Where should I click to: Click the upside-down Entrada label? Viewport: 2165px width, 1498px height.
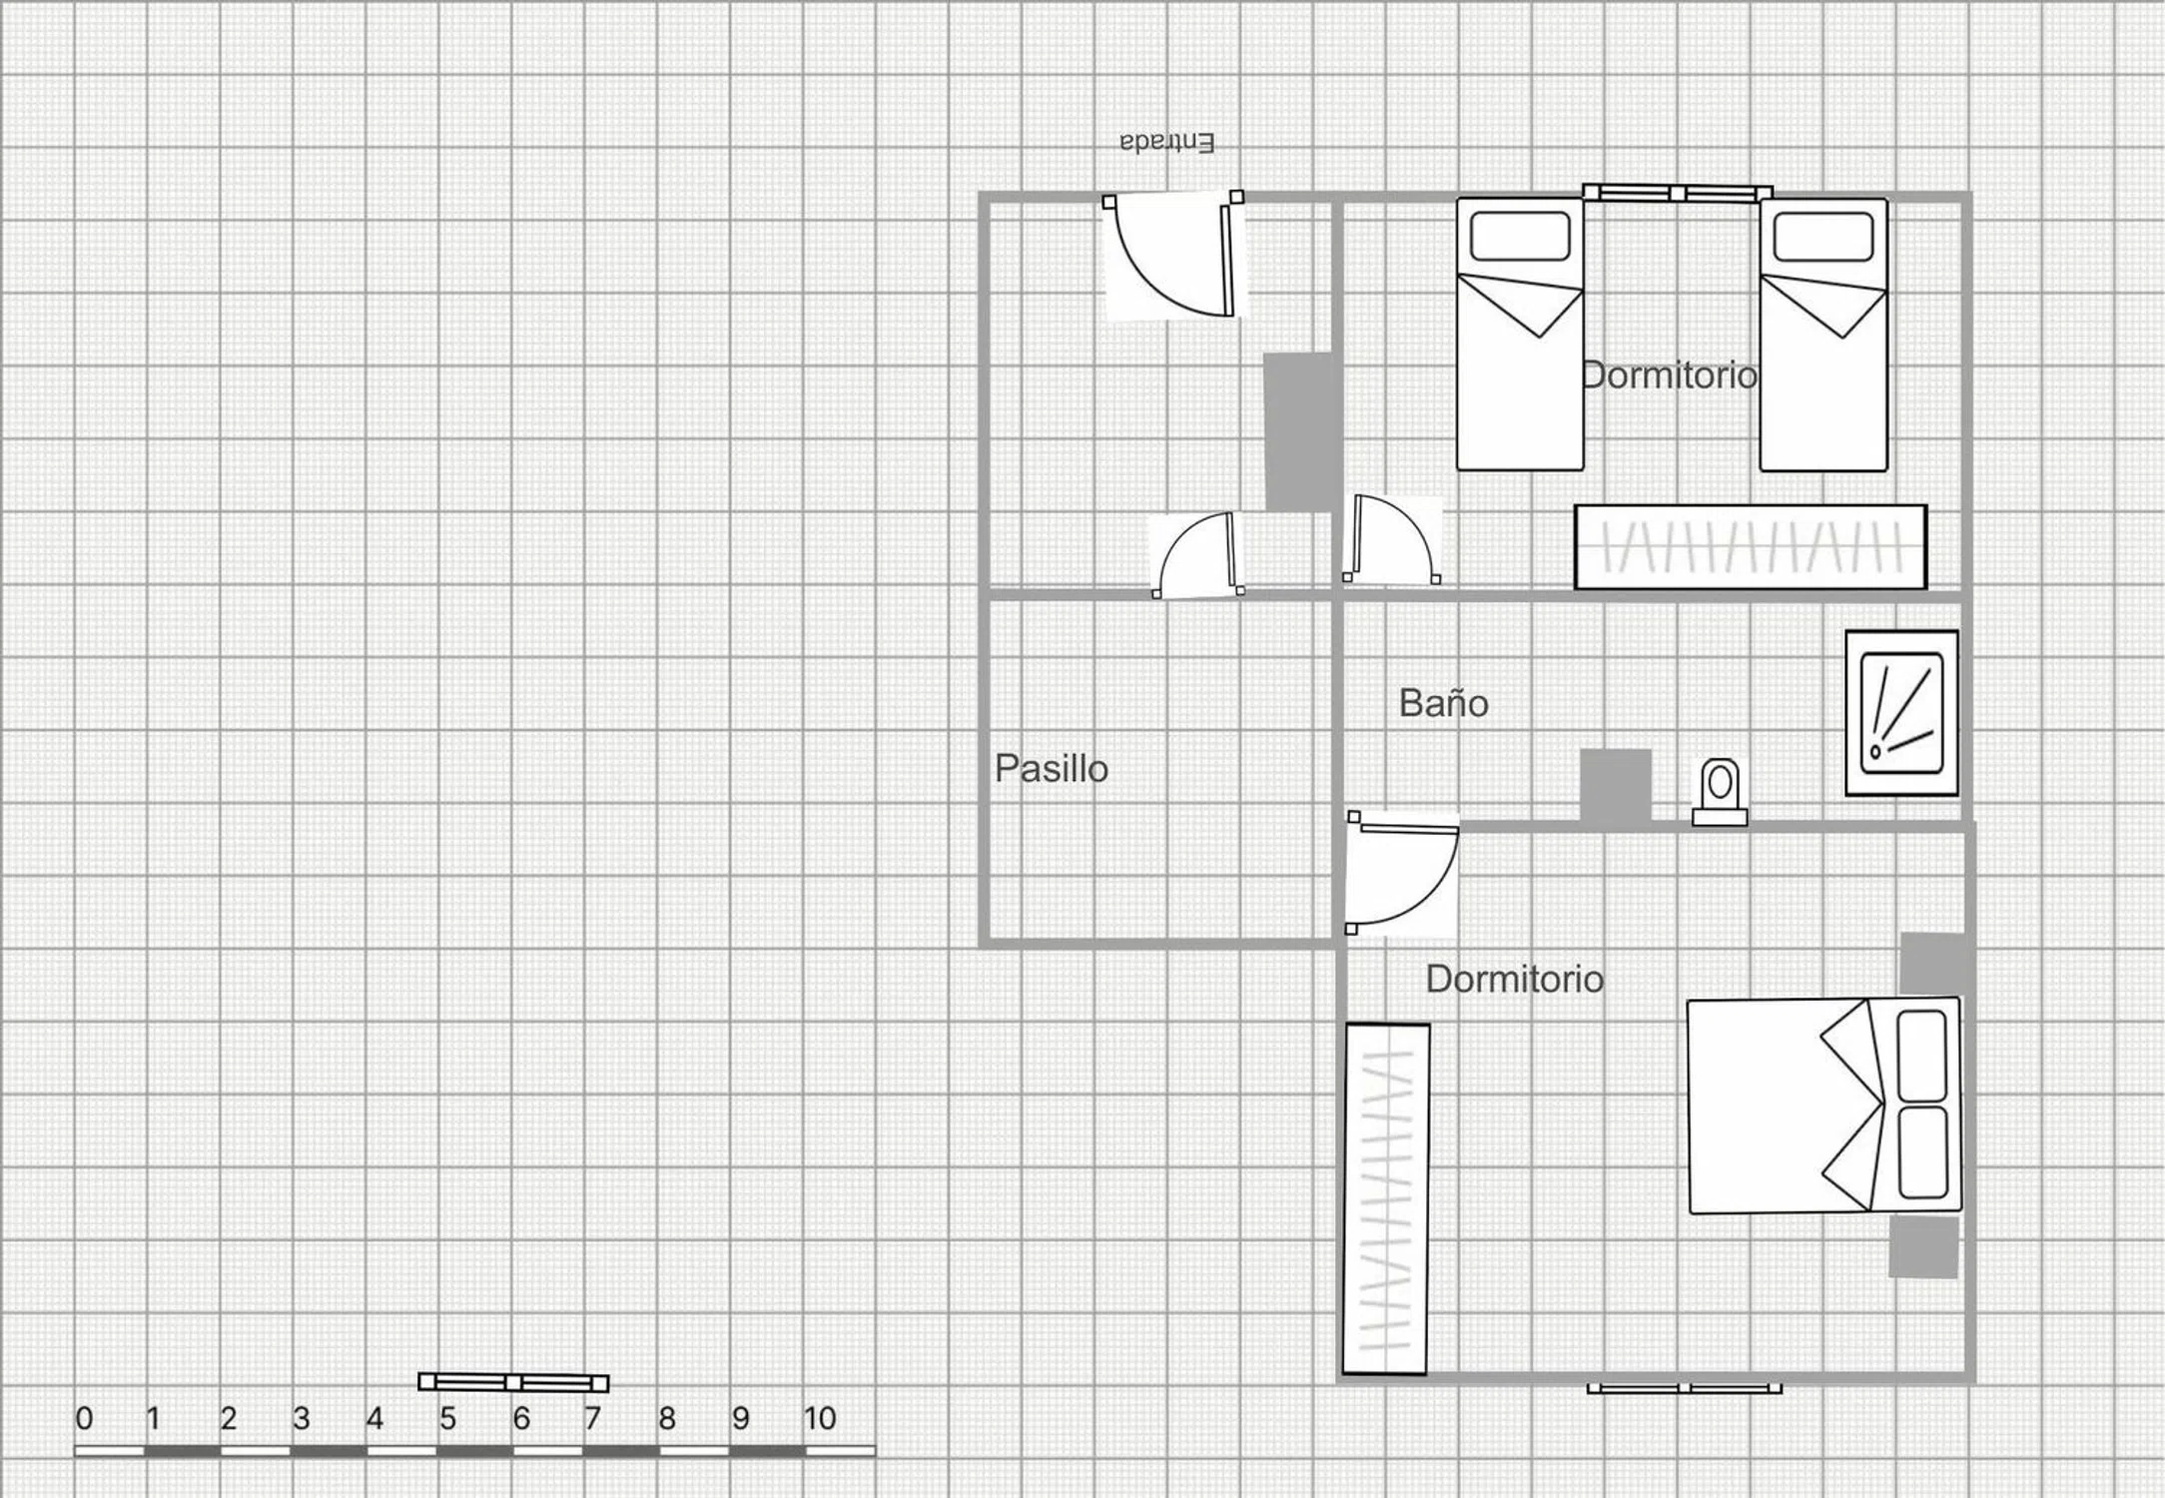(x=1166, y=143)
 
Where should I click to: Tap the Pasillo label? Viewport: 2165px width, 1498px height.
(x=1052, y=769)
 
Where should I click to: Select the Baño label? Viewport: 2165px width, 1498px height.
(x=1443, y=703)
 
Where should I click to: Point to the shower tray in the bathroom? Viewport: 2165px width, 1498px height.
(x=1901, y=713)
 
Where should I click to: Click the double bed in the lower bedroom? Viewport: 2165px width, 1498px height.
(x=1824, y=1106)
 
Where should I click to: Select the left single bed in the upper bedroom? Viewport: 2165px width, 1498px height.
(x=1520, y=334)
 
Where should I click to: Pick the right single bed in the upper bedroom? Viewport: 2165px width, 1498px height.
(x=1823, y=334)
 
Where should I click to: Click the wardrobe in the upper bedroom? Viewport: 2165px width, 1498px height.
(x=1751, y=547)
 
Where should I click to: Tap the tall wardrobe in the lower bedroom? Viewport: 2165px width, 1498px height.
(x=1386, y=1198)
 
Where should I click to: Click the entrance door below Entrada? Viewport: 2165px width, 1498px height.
(x=1174, y=256)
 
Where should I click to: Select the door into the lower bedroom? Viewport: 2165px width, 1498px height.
(x=1401, y=873)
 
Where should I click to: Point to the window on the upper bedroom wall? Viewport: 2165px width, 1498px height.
(x=1678, y=193)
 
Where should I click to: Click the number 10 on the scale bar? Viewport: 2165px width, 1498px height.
(x=820, y=1418)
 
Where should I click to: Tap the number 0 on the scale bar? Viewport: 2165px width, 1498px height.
(x=84, y=1418)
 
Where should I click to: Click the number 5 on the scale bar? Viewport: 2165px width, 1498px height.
(x=447, y=1418)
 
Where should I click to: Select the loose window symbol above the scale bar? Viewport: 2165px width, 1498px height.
(x=513, y=1382)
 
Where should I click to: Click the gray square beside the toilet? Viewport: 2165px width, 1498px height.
(x=1615, y=786)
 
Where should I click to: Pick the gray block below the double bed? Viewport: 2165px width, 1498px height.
(x=1923, y=1246)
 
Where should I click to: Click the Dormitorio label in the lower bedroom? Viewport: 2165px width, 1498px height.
(x=1515, y=979)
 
